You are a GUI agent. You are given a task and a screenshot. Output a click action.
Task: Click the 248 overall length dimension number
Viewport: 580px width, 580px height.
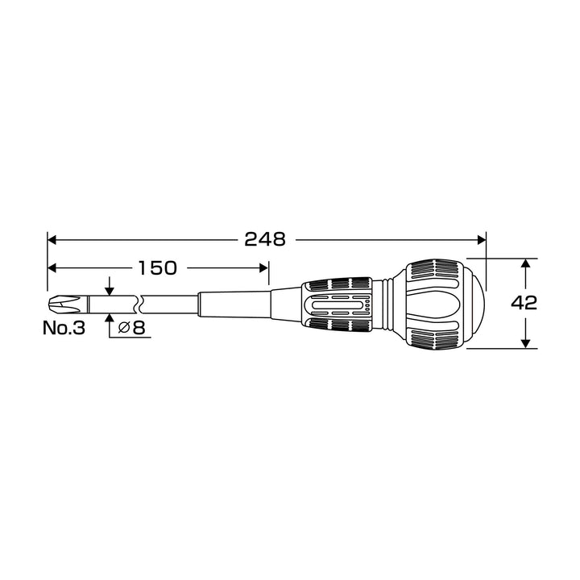click(x=265, y=240)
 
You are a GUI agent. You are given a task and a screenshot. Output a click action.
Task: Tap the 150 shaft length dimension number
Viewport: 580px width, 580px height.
click(x=158, y=267)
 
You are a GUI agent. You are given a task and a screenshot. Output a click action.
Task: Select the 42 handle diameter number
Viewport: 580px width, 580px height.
click(x=524, y=303)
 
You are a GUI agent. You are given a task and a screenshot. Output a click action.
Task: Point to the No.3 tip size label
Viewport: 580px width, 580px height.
click(x=64, y=328)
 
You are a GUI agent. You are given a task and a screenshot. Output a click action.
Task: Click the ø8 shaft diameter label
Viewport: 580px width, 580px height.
click(x=131, y=328)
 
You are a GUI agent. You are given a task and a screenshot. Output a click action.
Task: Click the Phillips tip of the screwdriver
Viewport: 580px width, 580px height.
click(x=64, y=304)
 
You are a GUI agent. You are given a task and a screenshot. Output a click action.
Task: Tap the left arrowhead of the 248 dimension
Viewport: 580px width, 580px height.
click(x=52, y=240)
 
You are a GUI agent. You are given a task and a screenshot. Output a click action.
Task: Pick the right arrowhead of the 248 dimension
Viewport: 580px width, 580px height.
click(x=482, y=240)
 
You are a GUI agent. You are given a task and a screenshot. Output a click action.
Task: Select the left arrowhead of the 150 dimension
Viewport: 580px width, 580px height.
click(x=52, y=267)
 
